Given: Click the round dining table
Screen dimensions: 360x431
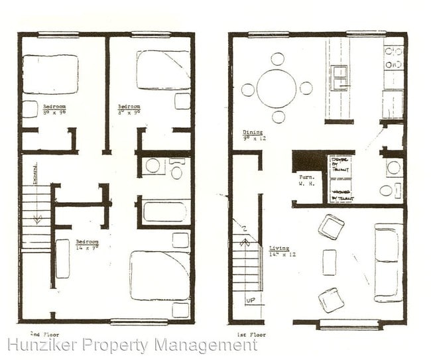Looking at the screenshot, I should tap(277, 88).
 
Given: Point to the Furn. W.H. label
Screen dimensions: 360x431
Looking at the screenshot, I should tap(306, 180).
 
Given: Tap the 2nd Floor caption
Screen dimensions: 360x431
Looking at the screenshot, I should tap(40, 333).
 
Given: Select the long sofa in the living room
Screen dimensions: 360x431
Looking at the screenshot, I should tap(388, 262).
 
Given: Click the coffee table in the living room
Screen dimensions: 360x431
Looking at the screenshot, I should tap(330, 263).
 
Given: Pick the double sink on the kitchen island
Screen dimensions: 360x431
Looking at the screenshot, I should tap(339, 77).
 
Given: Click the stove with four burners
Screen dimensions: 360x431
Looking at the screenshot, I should tap(394, 58).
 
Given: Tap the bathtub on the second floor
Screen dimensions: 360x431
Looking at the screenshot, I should tap(164, 212).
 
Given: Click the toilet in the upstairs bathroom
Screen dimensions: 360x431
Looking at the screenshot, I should tap(176, 171).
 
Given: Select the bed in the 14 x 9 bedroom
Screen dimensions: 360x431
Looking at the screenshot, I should tap(160, 275).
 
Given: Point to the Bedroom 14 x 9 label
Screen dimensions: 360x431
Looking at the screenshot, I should tap(88, 245).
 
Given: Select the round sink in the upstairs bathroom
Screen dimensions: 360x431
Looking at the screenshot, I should tap(153, 166).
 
